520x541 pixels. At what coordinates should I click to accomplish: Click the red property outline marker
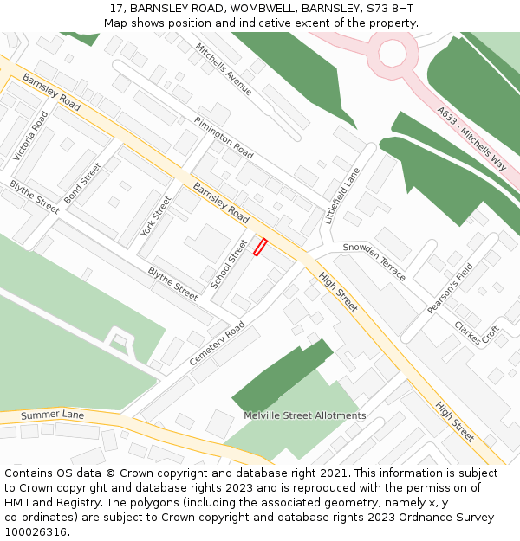click(259, 247)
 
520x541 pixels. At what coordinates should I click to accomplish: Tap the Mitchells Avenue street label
click(224, 69)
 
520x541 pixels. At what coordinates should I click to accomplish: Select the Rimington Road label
click(224, 138)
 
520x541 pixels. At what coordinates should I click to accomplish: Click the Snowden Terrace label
click(374, 261)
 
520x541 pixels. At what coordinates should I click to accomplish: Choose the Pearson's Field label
click(451, 288)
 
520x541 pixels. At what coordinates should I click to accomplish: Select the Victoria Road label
click(30, 136)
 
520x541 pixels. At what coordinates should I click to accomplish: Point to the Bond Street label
click(83, 184)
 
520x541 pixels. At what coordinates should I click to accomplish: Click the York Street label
click(156, 216)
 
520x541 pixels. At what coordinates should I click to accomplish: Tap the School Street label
click(229, 264)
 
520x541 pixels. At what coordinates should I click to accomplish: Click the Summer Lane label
click(52, 415)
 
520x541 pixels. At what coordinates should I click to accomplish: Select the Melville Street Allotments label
click(305, 415)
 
